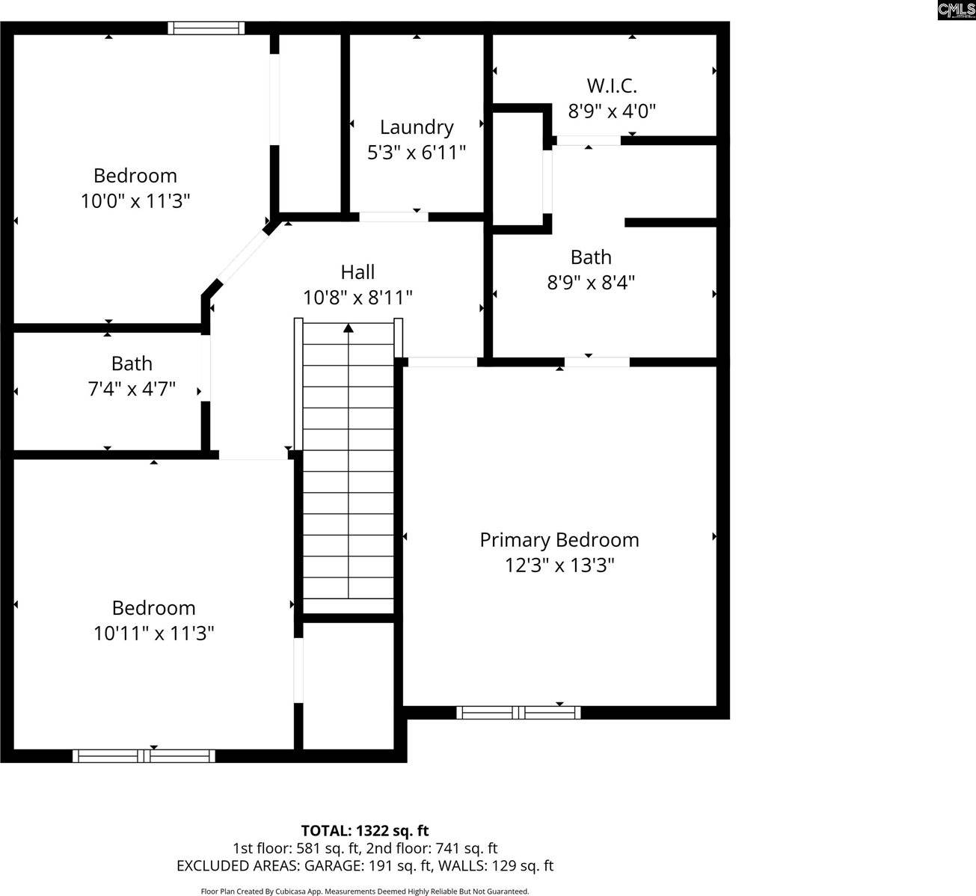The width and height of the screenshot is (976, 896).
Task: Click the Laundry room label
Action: coord(417,127)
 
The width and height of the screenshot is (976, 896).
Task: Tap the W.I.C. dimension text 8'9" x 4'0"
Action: coord(612,111)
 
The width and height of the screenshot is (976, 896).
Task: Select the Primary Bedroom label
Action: coord(559,540)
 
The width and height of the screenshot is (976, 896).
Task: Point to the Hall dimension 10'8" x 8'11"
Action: coord(357,298)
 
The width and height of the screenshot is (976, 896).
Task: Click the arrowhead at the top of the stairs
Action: coord(349,328)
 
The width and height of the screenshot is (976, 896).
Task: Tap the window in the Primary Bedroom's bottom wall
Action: coord(518,712)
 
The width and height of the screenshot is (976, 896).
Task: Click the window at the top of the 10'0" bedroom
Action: coord(206,28)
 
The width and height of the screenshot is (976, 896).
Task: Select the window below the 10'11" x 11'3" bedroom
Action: coord(144,756)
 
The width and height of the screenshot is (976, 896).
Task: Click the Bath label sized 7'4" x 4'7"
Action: coord(132,363)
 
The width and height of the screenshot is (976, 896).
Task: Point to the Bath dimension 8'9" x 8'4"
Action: coord(591,283)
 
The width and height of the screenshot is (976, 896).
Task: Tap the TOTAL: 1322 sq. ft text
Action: coord(365,830)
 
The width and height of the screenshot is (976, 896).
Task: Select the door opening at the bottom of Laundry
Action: coord(393,217)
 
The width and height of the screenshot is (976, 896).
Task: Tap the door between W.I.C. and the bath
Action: coord(589,140)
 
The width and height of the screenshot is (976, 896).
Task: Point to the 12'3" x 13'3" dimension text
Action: coord(559,565)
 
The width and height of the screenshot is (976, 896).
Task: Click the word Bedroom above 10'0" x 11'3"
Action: coord(135,176)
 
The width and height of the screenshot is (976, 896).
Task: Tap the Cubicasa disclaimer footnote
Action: coord(365,891)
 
